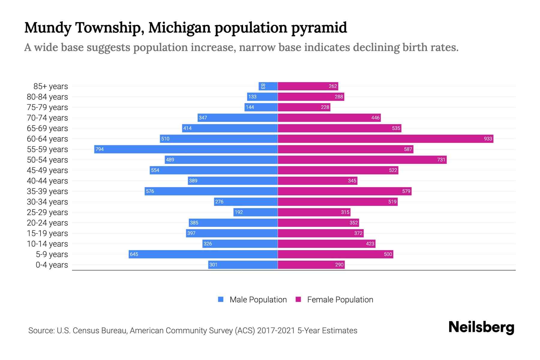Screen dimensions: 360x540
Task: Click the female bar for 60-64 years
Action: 385,139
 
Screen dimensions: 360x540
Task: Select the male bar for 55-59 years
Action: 186,149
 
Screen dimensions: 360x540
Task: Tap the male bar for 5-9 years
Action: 203,254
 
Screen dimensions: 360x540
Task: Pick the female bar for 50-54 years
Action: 362,160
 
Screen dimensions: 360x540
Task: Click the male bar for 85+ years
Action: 268,86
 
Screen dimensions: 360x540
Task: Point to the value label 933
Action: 488,139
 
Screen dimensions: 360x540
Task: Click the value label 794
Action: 100,149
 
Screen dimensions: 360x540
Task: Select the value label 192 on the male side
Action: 239,212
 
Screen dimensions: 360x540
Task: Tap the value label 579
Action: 406,191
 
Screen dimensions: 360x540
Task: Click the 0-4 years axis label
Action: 52,265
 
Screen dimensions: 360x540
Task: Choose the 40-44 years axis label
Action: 47,181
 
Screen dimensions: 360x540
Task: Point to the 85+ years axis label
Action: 51,86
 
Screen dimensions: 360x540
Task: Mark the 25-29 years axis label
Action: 47,212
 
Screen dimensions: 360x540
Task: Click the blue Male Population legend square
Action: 221,299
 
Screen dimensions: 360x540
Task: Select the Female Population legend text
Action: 340,299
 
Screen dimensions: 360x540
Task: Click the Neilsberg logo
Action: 481,327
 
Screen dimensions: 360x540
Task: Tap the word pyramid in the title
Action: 319,28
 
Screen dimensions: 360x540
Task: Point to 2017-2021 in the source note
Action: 276,331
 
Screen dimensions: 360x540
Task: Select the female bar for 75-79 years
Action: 304,107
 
